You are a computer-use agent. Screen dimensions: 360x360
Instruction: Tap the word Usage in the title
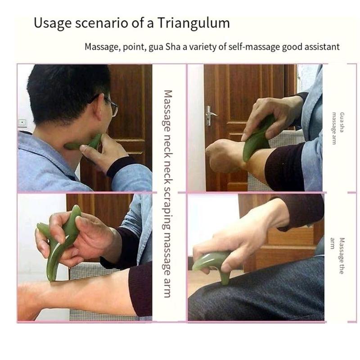pyautogui.click(x=50, y=23)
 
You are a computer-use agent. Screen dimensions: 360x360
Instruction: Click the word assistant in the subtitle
pyautogui.click(x=322, y=47)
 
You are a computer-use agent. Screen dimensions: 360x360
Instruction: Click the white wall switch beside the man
pyautogui.click(x=22, y=122)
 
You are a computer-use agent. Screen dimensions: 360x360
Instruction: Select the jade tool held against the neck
pyautogui.click(x=83, y=144)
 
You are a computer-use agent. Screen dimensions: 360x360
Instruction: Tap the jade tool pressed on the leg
pyautogui.click(x=214, y=263)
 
